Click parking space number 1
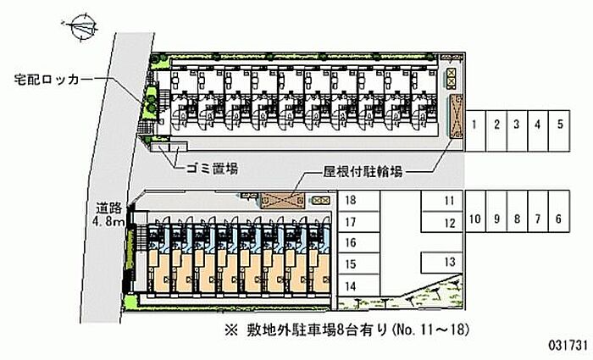tap(476, 125)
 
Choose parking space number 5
tap(560, 125)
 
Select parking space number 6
tap(558, 219)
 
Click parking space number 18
tap(350, 202)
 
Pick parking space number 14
tap(350, 286)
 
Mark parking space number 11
tap(450, 201)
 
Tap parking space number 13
tap(450, 261)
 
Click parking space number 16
tap(350, 244)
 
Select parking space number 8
tap(517, 219)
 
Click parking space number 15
tap(350, 265)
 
